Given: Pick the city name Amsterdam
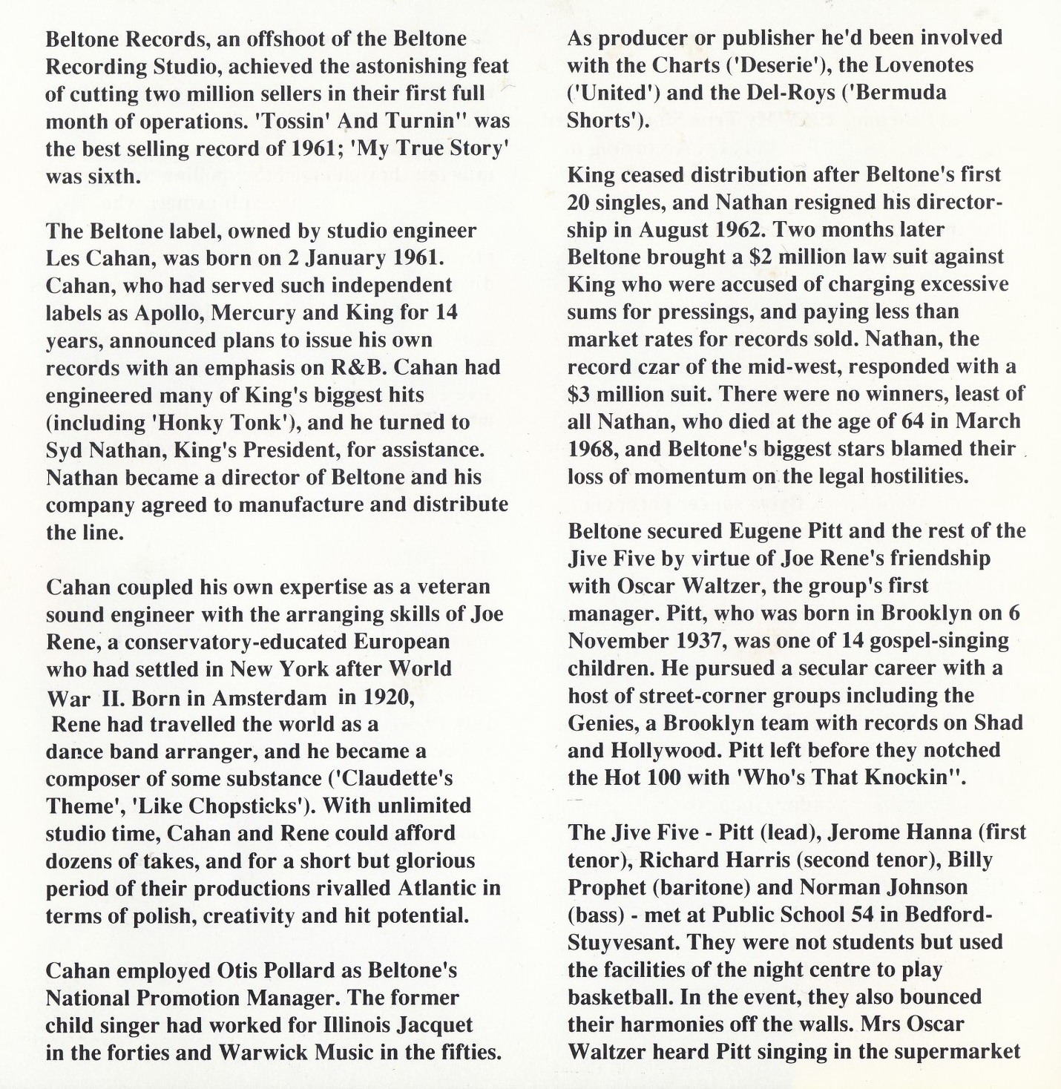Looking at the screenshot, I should coord(269,698).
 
